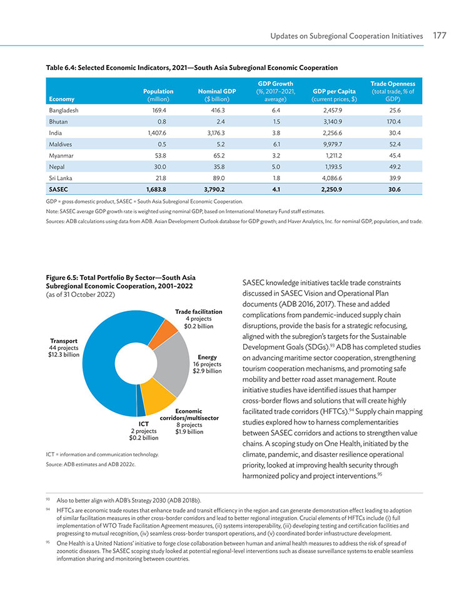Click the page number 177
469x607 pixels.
[440, 36]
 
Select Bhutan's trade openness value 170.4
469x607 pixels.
[393, 121]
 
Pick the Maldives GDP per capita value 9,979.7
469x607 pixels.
[333, 144]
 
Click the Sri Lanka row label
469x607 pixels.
[61, 178]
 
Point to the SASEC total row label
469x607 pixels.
[59, 189]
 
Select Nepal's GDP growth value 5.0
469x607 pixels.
[276, 167]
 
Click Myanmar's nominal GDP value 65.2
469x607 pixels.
[219, 156]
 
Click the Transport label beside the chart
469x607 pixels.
[64, 341]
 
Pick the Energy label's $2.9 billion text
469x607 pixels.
[207, 371]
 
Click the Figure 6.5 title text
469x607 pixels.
[121, 282]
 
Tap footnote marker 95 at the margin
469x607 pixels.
[48, 542]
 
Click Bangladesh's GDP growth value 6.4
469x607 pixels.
[276, 110]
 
